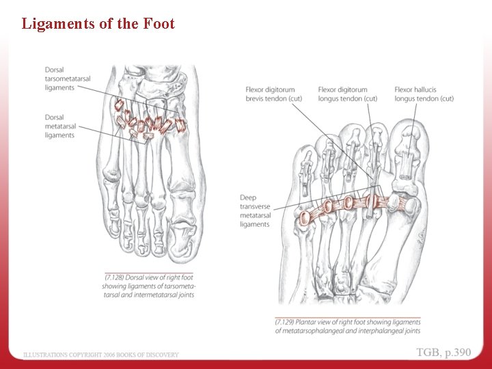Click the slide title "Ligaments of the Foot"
[x=98, y=24]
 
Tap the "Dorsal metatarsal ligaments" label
[x=60, y=126]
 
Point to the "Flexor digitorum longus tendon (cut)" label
[x=347, y=94]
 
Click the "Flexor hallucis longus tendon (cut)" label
[x=424, y=94]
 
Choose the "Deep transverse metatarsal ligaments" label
[x=255, y=211]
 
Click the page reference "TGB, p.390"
[x=443, y=353]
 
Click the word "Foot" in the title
[x=159, y=24]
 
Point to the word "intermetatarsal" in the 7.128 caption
[x=170, y=295]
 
